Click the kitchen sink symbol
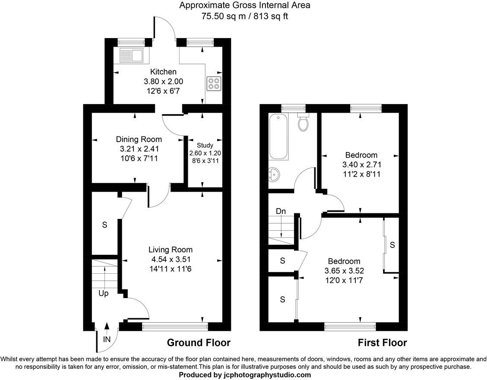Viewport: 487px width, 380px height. pos(131,56)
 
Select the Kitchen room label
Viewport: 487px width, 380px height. pos(163,72)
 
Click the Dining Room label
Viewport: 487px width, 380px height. pos(139,139)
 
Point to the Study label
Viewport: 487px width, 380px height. pos(205,146)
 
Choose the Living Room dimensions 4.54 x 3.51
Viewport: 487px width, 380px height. pos(170,259)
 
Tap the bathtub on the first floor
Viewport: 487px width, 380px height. pos(278,137)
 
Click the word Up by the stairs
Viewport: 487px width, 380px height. pos(104,293)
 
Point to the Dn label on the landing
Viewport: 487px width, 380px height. pos(281,211)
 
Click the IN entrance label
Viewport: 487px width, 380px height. pos(107,339)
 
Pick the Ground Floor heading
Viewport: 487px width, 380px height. pos(199,343)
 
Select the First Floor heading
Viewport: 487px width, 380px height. pos(382,343)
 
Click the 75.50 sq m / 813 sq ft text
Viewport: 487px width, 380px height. pos(244,16)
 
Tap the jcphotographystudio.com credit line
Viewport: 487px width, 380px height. pos(245,375)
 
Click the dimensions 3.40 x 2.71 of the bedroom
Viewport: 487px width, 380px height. pos(361,165)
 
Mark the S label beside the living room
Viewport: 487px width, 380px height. pos(104,225)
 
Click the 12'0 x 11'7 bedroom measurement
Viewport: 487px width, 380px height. pos(344,280)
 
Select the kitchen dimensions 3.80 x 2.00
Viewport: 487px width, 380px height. pos(163,81)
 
